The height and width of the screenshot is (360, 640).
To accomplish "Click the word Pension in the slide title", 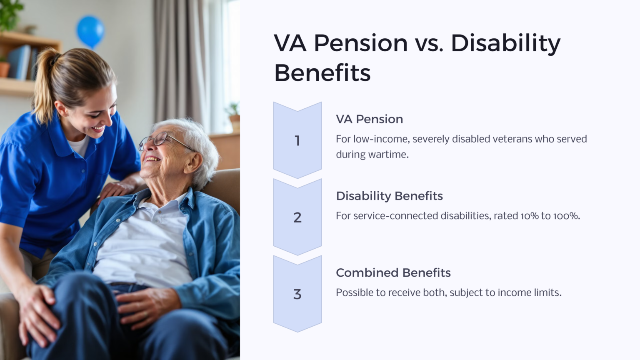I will coord(360,43).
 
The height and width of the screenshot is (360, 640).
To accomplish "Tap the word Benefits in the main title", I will coord(322,73).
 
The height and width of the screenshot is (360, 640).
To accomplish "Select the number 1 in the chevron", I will coord(297,141).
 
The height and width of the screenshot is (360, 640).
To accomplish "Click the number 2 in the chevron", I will coord(297,217).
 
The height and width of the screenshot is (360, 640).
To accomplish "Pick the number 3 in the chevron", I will coord(297,294).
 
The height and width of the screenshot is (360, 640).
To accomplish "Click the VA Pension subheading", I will coord(369,119).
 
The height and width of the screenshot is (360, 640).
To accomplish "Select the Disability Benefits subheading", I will coord(389,196).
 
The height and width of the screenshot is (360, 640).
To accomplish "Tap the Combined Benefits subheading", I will coord(393,272).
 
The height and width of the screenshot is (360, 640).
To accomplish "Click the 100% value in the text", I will coord(566,216).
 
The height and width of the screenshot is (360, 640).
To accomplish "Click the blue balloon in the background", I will coord(90,30).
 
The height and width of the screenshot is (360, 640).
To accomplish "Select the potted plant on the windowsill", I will coord(234,117).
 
